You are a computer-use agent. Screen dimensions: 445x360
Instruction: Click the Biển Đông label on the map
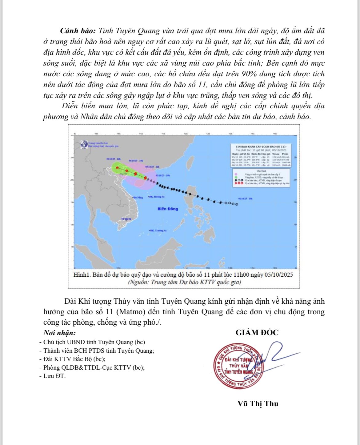coord(168,209)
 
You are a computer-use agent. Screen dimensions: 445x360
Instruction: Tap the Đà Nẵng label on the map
coord(138,197)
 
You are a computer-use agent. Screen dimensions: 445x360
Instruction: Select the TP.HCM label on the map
coord(126,219)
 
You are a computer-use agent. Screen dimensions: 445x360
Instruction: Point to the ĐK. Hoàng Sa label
coord(156,196)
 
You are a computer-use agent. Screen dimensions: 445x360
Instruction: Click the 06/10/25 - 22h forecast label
coord(114,159)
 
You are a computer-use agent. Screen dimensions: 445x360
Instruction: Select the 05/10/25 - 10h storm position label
coord(163,175)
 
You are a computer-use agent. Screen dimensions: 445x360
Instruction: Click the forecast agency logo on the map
coord(84,145)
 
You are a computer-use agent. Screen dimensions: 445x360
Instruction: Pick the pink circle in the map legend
coord(236,174)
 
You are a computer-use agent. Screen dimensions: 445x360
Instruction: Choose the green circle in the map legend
coord(236,178)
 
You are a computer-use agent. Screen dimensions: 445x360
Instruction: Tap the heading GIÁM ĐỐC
coord(257,333)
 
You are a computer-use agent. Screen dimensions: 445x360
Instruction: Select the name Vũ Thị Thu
coord(258,404)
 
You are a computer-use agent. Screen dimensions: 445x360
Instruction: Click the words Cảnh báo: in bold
coord(78,31)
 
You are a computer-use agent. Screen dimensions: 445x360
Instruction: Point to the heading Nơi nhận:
coord(59,333)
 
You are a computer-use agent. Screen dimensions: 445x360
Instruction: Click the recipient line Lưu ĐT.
coord(54,376)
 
